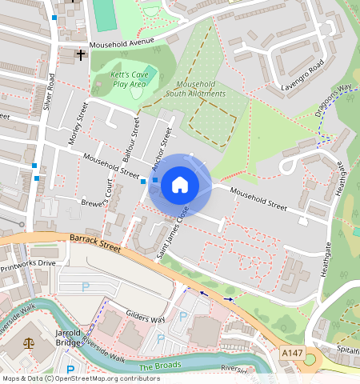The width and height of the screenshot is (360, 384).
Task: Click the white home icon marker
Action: (x=180, y=186)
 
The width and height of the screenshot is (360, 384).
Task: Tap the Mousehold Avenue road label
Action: (x=121, y=44)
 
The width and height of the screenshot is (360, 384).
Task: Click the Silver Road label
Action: (x=50, y=92)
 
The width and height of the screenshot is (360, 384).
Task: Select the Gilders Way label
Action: (x=145, y=318)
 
